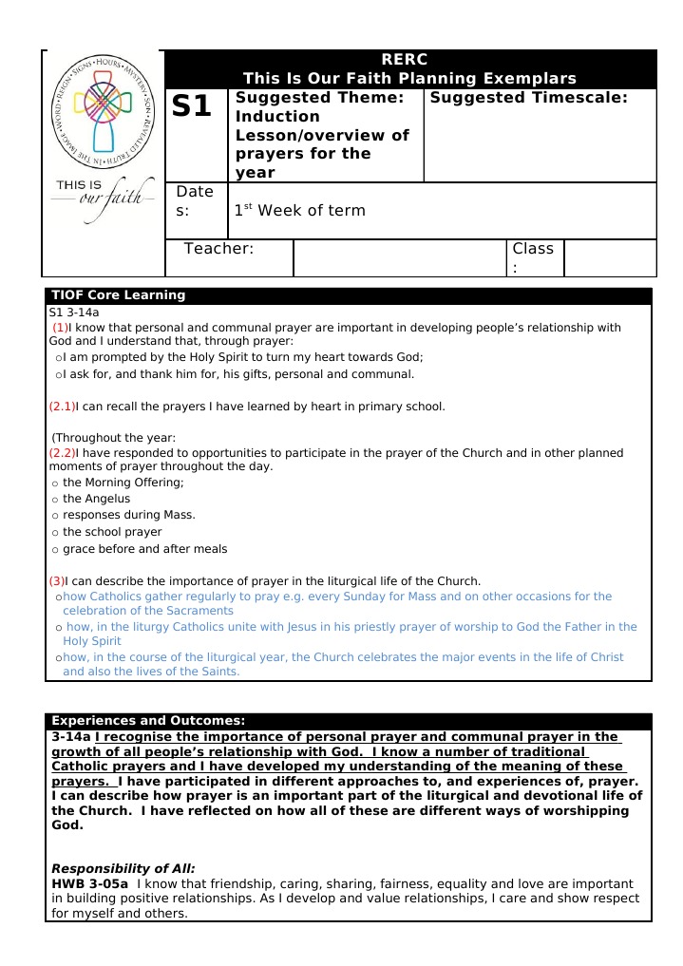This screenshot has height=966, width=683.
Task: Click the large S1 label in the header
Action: coord(192,106)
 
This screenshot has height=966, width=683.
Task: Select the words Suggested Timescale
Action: coord(529,98)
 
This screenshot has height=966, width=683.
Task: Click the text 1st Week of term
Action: coord(300,210)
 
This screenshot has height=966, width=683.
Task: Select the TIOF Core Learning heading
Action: coord(118,295)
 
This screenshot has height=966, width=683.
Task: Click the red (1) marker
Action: coord(60,328)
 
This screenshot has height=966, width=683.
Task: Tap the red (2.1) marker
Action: coord(62,407)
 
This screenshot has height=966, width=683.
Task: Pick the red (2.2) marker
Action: coord(62,453)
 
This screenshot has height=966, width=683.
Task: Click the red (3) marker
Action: coord(57,581)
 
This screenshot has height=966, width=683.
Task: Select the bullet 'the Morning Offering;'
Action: coord(123,483)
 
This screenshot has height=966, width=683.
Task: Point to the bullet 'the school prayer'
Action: coord(112,532)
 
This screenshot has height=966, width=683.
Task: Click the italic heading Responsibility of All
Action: coord(123,868)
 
